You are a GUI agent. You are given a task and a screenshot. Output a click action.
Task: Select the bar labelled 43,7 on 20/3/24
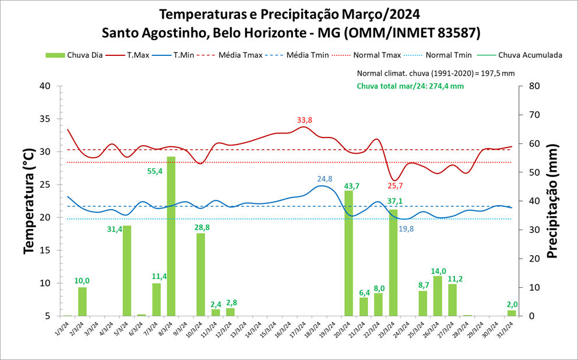[348, 253]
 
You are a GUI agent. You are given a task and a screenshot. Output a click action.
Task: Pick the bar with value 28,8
[200, 274]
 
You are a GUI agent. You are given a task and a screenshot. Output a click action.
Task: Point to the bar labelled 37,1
[393, 263]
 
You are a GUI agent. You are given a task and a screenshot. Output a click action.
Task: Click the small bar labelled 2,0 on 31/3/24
[512, 313]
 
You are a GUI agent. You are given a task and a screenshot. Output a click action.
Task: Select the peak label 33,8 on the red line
[305, 120]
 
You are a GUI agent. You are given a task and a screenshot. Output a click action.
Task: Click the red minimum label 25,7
[396, 186]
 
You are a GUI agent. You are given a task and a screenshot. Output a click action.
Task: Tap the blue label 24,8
[325, 179]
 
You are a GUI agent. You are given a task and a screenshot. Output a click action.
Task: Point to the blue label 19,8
[406, 229]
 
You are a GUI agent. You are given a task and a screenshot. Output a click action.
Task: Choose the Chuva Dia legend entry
[75, 55]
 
